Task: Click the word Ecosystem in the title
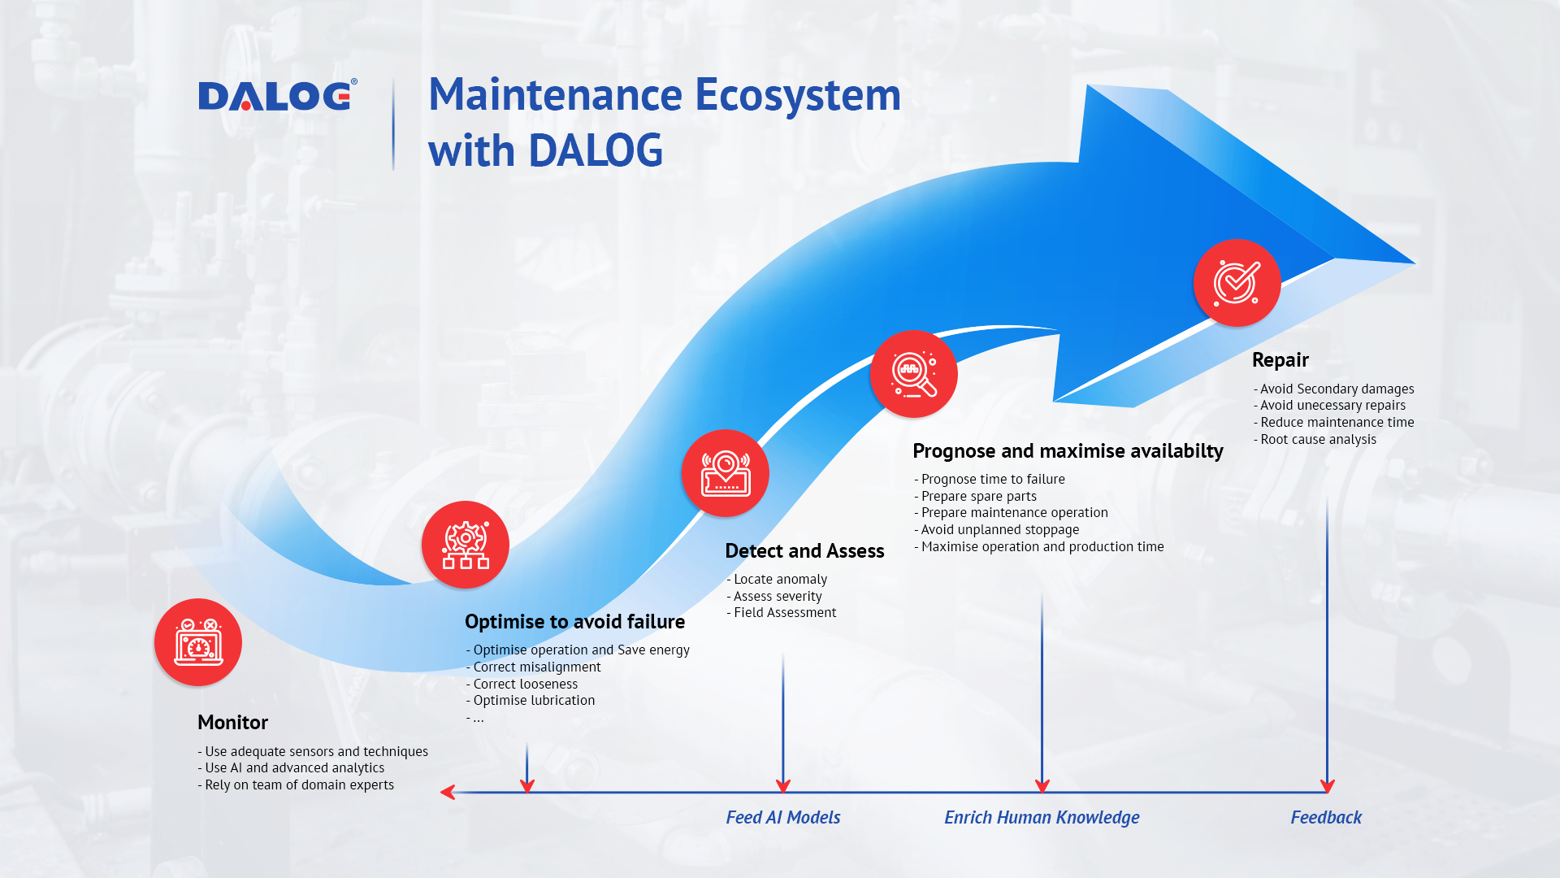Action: click(x=797, y=95)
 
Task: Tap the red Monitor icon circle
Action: click(x=198, y=642)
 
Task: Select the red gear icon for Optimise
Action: click(x=465, y=545)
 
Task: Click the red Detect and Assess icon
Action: click(x=725, y=473)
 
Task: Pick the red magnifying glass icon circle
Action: click(x=913, y=374)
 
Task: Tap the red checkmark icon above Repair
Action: click(x=1237, y=283)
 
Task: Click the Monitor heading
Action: click(x=232, y=722)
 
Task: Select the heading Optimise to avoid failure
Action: click(x=574, y=621)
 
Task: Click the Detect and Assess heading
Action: click(x=804, y=550)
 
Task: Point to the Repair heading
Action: click(x=1280, y=359)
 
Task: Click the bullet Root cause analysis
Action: click(x=1317, y=439)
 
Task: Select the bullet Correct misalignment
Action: click(x=536, y=667)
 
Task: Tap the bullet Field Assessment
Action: click(x=784, y=612)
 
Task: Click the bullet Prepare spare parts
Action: click(x=978, y=496)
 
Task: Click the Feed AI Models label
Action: click(x=782, y=817)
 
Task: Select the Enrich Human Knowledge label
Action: click(x=1041, y=817)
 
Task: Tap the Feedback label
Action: click(x=1325, y=817)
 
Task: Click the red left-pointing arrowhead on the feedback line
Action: click(x=448, y=792)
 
